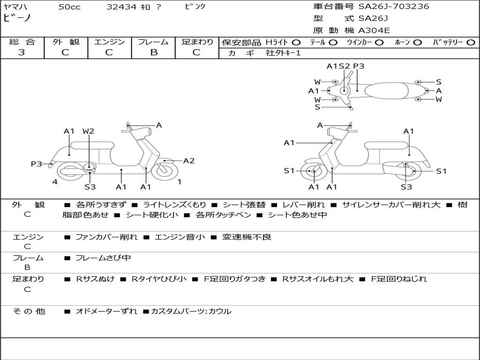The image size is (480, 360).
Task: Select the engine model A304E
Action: pyautogui.click(x=374, y=30)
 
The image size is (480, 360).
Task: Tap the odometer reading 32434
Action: pyautogui.click(x=121, y=7)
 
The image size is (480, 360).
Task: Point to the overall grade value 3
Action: pyautogui.click(x=22, y=52)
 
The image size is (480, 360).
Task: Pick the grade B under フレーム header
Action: pyautogui.click(x=153, y=52)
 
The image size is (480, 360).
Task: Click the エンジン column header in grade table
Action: pyautogui.click(x=109, y=42)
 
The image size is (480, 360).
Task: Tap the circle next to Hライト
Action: pyautogui.click(x=296, y=42)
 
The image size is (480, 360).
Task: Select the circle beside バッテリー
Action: pyautogui.click(x=471, y=42)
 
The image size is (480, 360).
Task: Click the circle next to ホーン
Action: pyautogui.click(x=417, y=42)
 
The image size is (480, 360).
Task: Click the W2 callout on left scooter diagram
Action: pyautogui.click(x=88, y=131)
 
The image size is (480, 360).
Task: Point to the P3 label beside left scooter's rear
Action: pyautogui.click(x=37, y=164)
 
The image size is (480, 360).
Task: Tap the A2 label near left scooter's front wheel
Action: pyautogui.click(x=188, y=161)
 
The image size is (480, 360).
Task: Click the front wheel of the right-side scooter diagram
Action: pyautogui.click(x=313, y=172)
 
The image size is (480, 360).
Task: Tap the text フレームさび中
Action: pyautogui.click(x=103, y=258)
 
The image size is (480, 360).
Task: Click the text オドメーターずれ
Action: pyautogui.click(x=106, y=311)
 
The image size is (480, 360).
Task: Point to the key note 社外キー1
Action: pyautogui.click(x=283, y=53)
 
